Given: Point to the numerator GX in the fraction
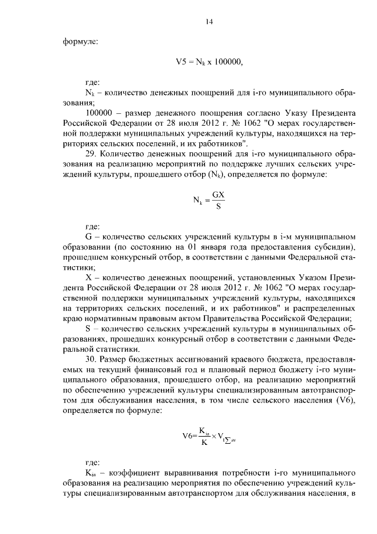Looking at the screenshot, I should coord(219,194).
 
